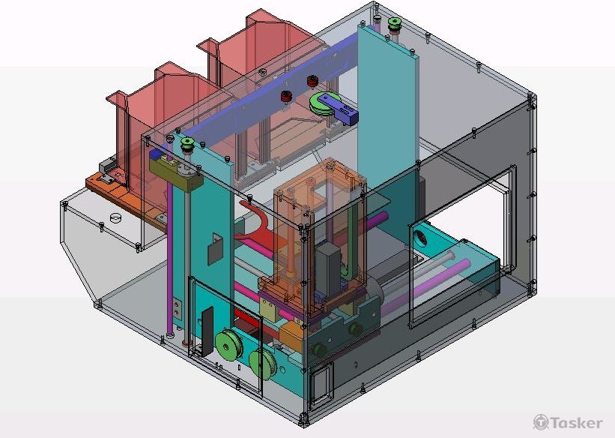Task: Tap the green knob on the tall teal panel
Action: click(394, 23)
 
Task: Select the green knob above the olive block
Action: click(187, 144)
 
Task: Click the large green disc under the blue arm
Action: click(323, 103)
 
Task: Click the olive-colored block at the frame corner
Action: click(176, 172)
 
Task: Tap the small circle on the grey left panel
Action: click(115, 217)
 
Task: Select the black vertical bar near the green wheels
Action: click(206, 331)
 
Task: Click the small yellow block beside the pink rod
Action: click(269, 309)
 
